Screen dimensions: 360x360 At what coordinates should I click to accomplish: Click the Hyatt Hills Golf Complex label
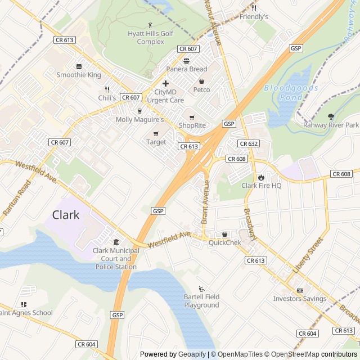coord(151,38)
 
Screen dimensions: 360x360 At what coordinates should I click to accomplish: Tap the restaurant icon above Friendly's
coord(254,8)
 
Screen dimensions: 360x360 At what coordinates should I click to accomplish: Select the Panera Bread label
coord(187,69)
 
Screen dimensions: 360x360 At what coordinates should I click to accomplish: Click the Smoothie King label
coord(79,74)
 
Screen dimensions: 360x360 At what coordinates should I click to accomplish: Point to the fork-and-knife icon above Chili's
coord(107,89)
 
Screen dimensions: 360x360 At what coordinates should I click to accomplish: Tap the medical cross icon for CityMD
coord(165,83)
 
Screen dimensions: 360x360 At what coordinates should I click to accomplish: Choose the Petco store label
coord(201,90)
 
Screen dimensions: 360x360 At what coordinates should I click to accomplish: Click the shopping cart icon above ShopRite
coord(191,117)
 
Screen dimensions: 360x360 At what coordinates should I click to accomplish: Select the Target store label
coord(156,142)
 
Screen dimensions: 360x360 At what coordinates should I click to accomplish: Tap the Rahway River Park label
coord(331,125)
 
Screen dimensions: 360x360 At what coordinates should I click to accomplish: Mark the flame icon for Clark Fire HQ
coord(261,177)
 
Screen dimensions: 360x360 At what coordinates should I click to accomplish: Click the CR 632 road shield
coord(248,144)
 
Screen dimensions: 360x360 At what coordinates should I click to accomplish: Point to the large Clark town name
coord(66,215)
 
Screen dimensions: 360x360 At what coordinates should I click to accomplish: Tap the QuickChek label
coord(225,242)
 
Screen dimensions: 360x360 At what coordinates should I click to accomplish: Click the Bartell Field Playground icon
coord(201,289)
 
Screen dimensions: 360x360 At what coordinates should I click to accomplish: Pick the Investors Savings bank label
coord(300,299)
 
